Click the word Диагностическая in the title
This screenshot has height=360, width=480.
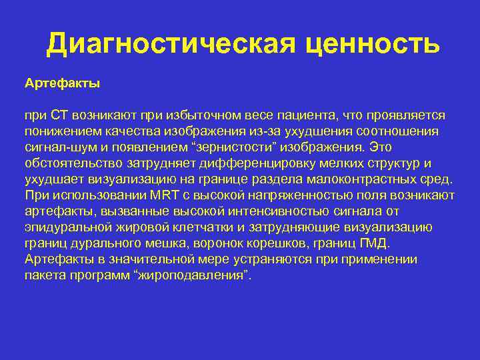tap(171, 45)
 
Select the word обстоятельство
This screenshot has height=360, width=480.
tap(73, 163)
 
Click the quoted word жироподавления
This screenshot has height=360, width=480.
tap(193, 275)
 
